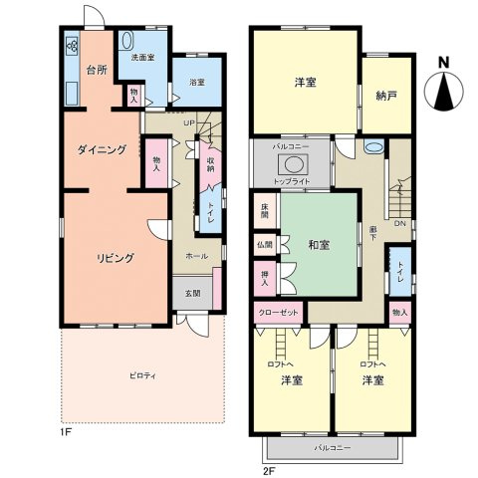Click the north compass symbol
444,91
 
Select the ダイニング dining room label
103,150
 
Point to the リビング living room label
116,257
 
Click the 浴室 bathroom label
196,82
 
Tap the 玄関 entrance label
192,294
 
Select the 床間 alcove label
265,210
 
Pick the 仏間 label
263,243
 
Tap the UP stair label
187,121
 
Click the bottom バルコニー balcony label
332,448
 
